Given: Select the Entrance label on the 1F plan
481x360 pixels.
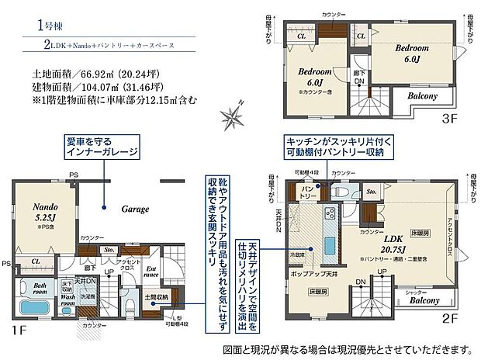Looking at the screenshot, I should (x=151, y=272).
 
